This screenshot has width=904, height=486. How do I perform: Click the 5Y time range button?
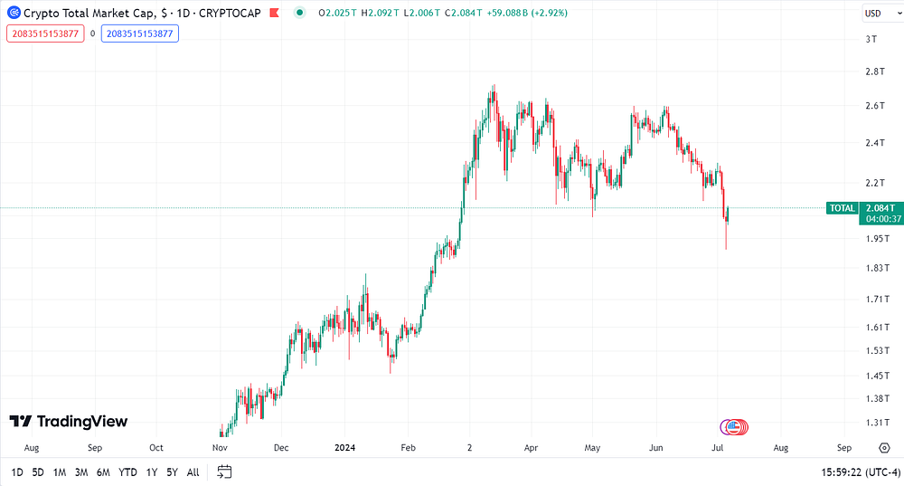click(172, 472)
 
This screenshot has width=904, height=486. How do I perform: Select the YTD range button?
click(127, 472)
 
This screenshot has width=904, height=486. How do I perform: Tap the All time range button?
click(193, 472)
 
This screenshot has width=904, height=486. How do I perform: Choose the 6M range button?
click(103, 472)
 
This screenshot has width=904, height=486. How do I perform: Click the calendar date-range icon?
click(224, 472)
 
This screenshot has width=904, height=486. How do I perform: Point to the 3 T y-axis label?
click(871, 39)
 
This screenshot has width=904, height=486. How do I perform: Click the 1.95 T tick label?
click(878, 238)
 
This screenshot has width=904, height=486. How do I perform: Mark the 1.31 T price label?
click(877, 423)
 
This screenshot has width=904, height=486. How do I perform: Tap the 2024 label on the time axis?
click(344, 447)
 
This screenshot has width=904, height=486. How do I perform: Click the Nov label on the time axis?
click(220, 447)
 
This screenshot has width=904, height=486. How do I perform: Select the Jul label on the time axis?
click(717, 447)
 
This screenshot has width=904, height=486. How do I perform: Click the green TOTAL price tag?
click(843, 208)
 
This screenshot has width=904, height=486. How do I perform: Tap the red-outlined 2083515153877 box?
click(45, 33)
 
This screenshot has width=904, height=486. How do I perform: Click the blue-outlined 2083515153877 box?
click(140, 33)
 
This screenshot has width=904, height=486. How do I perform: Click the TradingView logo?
click(69, 422)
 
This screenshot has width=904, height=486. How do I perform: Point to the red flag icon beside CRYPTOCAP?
click(275, 13)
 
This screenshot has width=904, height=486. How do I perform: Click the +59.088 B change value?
click(507, 13)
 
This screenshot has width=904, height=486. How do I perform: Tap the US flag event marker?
click(733, 427)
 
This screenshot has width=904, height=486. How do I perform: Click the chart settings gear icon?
click(884, 448)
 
